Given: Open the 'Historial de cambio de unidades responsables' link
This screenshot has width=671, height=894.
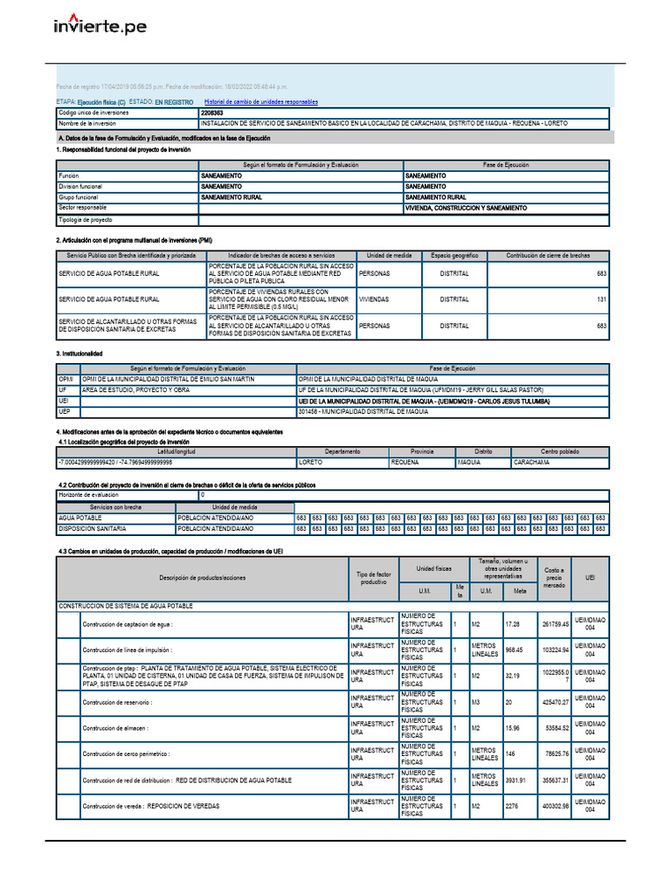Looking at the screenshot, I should click(x=260, y=102).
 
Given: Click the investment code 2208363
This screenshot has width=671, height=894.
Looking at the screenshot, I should click(x=211, y=113).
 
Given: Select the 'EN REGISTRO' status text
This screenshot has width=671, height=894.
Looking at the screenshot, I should click(x=174, y=102).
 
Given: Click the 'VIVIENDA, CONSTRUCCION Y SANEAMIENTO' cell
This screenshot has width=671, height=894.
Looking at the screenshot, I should click(x=466, y=208).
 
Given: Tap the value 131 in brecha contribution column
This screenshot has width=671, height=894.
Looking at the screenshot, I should click(x=600, y=299).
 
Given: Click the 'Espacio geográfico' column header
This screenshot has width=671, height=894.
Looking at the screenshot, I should click(x=454, y=255).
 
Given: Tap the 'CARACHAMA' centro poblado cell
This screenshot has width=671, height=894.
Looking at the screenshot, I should click(x=531, y=462).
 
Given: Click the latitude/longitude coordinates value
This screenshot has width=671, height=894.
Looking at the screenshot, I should click(x=115, y=462).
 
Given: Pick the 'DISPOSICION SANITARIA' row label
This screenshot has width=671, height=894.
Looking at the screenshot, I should click(x=93, y=529).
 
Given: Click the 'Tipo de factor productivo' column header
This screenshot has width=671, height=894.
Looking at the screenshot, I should click(x=373, y=577).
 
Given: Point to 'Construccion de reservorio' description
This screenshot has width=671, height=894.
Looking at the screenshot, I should click(x=127, y=702).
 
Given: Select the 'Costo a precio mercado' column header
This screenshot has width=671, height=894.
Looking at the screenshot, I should click(x=554, y=577).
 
